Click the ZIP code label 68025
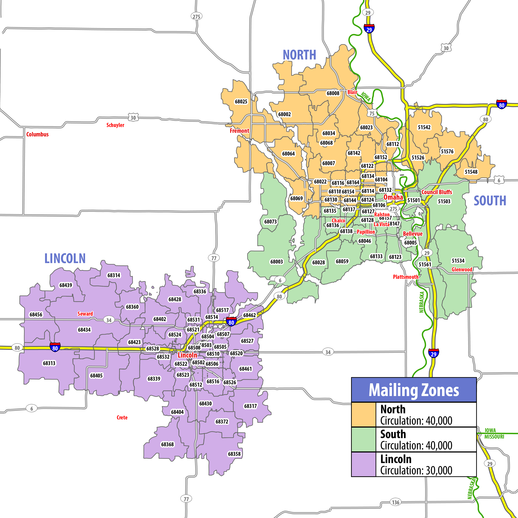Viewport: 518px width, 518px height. [241, 102]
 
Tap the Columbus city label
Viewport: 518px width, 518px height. [38, 134]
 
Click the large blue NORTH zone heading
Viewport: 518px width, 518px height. [299, 55]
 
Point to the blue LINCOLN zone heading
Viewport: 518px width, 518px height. [65, 259]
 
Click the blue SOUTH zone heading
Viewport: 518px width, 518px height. [490, 201]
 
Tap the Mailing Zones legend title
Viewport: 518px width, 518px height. [414, 390]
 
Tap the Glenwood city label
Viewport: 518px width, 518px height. [462, 270]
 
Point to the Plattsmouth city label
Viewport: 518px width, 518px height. [405, 277]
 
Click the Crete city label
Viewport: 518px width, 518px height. [122, 417]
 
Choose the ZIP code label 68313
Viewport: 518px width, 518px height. [49, 363]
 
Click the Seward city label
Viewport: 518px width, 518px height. [85, 314]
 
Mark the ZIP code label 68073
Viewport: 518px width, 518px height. [270, 221]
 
